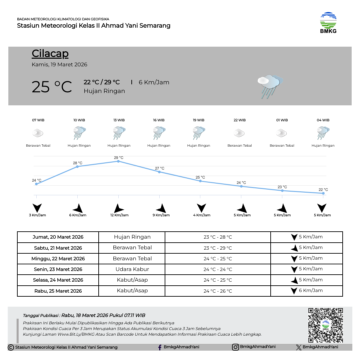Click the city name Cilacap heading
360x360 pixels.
tap(50, 53)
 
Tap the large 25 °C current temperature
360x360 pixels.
tap(52, 87)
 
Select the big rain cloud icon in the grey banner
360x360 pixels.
tap(270, 86)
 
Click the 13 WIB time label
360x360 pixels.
tap(119, 120)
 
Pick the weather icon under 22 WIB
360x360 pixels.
tap(239, 133)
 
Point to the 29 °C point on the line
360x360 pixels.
tap(118, 161)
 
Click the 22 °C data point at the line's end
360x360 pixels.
tap(323, 193)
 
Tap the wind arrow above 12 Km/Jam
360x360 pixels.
tap(119, 208)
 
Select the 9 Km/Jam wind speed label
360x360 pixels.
tap(161, 215)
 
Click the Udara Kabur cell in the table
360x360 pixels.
tap(132, 269)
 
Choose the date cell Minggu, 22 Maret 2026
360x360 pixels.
tap(58, 258)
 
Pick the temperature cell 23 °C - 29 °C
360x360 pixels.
tap(218, 248)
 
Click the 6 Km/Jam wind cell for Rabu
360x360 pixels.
tap(307, 290)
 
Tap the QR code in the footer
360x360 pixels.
tap(325, 325)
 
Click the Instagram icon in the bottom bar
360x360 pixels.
tap(235, 347)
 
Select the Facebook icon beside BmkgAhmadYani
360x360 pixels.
tap(160, 347)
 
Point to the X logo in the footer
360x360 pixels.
tap(299, 347)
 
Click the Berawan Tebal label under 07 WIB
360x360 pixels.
tap(38, 145)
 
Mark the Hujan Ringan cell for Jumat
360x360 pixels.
tap(132, 237)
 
